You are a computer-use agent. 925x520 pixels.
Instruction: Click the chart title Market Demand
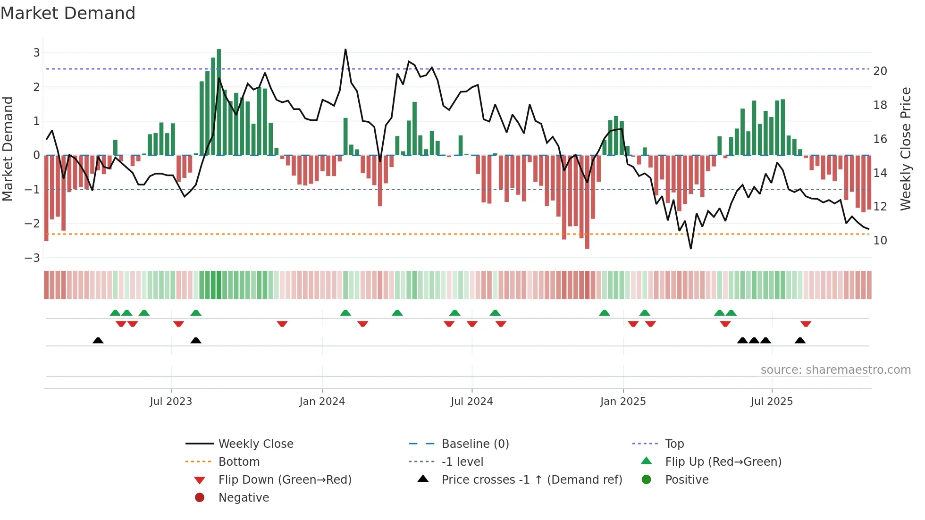(68, 13)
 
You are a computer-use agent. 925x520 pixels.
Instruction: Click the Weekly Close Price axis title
(905, 149)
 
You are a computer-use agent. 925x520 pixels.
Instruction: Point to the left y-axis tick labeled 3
(36, 53)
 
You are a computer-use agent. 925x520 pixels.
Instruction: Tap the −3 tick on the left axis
(33, 258)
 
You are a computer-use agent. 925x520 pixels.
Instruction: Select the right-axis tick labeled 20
(880, 71)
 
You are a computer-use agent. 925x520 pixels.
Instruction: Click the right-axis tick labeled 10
(880, 241)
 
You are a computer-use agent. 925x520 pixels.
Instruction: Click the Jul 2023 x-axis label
(171, 402)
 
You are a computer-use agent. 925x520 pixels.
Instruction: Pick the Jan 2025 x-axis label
(622, 402)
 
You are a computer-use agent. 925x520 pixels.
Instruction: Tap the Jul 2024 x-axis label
(471, 402)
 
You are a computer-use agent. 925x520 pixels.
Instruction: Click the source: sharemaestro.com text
(835, 370)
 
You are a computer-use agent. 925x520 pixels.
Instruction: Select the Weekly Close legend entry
(255, 444)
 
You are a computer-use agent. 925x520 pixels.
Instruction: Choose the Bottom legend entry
(239, 462)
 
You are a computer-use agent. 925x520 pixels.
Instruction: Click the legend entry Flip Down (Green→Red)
(285, 480)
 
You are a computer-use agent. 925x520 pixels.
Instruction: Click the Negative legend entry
(244, 498)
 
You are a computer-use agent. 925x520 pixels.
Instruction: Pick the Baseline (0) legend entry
(475, 444)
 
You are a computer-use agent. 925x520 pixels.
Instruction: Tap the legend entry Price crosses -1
(531, 480)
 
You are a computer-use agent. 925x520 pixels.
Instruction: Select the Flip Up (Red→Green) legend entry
(723, 462)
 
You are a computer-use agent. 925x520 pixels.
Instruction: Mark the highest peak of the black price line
(345, 50)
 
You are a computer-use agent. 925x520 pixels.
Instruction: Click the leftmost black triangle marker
(98, 340)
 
